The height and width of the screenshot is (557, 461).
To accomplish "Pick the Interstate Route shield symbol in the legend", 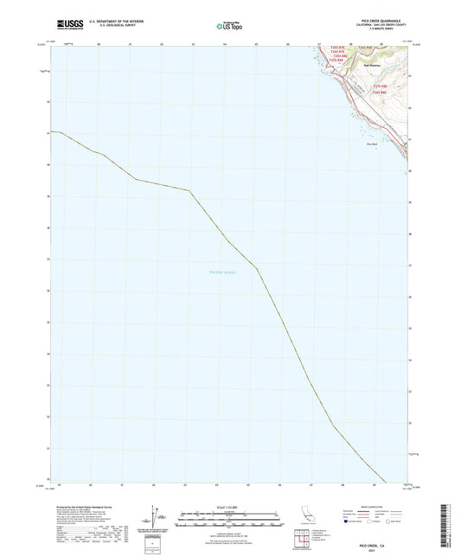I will point(348,522).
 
